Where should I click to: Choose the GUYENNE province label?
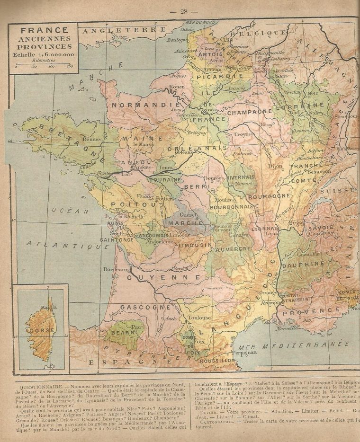click(163, 277)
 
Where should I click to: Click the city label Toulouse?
click(199, 318)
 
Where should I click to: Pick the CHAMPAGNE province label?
click(249, 113)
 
